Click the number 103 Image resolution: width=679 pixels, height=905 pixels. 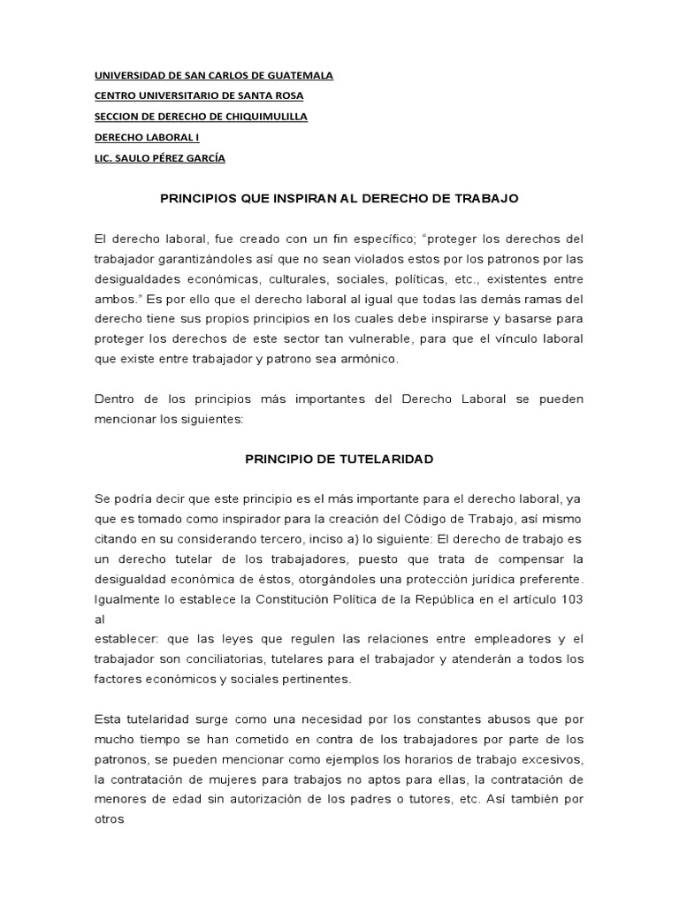click(571, 599)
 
